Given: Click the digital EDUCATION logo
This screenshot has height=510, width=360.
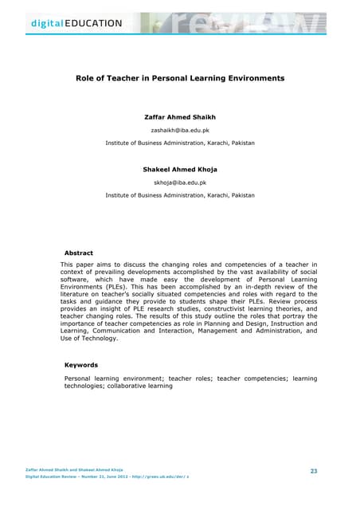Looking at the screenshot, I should click(66, 22).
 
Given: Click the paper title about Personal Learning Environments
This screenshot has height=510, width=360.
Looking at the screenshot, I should click(180, 80).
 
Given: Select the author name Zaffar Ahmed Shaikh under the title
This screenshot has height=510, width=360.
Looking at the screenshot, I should click(180, 117).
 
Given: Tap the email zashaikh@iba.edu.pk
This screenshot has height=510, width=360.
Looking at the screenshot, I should click(180, 130).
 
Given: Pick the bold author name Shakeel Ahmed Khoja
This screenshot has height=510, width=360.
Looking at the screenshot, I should click(180, 170).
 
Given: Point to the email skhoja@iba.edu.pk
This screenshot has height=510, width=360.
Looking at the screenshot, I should click(180, 182).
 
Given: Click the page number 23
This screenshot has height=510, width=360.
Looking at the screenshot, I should click(314, 473).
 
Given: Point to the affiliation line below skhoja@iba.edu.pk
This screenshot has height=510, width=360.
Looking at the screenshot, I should click(180, 195).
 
